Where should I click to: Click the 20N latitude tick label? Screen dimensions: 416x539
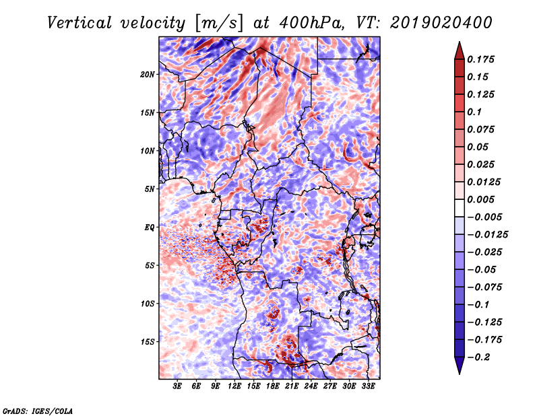click(148, 74)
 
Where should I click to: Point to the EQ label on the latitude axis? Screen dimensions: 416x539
click(150, 227)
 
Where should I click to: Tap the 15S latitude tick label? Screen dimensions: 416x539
click(148, 341)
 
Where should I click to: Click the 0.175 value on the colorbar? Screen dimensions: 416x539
click(482, 59)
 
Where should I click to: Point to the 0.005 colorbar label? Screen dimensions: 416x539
click(482, 199)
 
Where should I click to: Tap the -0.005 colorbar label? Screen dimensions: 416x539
click(484, 217)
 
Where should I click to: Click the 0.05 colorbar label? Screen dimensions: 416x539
click(479, 147)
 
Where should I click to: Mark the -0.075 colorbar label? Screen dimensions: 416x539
click(484, 287)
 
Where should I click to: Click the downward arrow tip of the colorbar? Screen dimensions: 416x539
click(458, 372)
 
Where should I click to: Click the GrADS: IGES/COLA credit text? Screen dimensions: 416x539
click(37, 410)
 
